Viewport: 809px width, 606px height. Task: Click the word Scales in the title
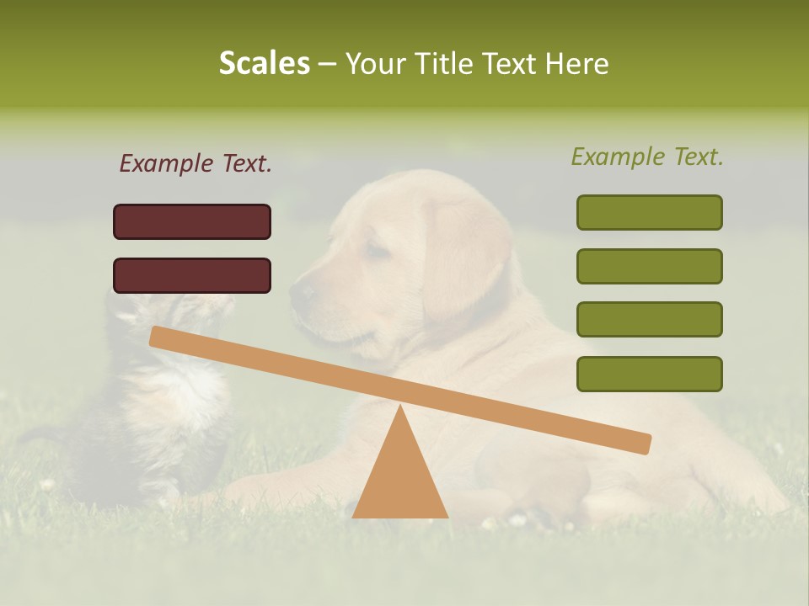(264, 64)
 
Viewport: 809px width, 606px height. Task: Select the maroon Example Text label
(196, 164)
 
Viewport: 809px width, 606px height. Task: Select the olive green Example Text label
(647, 157)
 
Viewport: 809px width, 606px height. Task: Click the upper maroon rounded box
(192, 221)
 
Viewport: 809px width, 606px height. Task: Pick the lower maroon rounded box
(192, 275)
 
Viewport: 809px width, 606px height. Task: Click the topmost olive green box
(649, 212)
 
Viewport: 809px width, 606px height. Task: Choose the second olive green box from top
(649, 266)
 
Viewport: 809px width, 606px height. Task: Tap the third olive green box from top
(649, 319)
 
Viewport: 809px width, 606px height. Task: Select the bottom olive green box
(649, 374)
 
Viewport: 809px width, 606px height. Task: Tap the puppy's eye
(377, 250)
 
